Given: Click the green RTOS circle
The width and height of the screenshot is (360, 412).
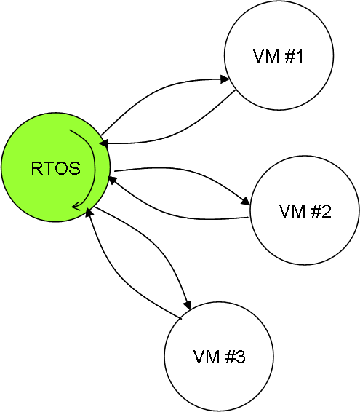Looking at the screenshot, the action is tap(56, 167).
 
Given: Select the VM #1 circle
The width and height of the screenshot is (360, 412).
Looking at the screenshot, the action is tap(279, 55).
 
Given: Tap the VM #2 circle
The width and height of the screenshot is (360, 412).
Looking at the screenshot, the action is tap(305, 210).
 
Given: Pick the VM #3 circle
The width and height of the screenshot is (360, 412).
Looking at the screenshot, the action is tap(219, 357).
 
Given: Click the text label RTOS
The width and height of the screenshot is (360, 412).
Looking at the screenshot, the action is tap(56, 168).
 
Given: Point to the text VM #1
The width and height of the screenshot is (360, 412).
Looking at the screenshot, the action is tap(279, 56).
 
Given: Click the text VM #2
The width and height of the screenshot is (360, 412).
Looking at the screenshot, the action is tap(305, 211).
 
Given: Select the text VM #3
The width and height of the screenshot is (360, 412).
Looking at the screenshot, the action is tap(219, 357).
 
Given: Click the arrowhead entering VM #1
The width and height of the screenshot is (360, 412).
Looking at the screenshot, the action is tap(225, 79).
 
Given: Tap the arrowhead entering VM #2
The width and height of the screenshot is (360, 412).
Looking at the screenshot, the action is tap(246, 201).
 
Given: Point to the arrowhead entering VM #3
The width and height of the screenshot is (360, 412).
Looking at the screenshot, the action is tap(188, 305).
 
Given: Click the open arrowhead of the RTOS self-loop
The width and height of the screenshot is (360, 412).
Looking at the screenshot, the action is tap(76, 206).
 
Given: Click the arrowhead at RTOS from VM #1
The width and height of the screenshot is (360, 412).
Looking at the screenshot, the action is tap(104, 143).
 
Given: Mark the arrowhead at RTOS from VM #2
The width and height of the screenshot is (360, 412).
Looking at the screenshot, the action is tap(113, 181).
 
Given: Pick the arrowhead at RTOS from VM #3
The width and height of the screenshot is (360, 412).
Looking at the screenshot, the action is tap(89, 212).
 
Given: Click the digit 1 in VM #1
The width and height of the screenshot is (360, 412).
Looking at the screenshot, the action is tap(300, 56).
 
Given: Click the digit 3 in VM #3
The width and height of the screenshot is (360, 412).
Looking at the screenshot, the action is tap(241, 357).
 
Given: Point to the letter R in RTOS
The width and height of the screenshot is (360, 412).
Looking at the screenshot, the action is tap(37, 168).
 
